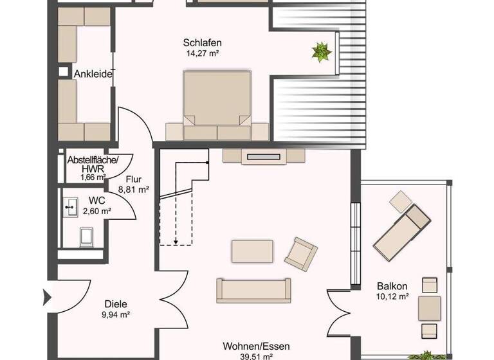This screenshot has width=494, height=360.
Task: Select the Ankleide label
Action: point(93,75)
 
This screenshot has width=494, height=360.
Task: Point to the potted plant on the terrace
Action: point(322,51)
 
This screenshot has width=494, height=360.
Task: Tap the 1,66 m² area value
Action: point(92,177)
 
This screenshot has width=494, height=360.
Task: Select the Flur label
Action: point(134,180)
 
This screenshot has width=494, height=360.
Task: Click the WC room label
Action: point(96,200)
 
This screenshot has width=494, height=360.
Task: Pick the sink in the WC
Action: point(70,207)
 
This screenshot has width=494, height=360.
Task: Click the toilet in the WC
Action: point(86,239)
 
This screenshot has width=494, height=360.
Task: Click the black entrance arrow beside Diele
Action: point(47,298)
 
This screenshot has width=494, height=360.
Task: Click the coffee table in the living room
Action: point(252,251)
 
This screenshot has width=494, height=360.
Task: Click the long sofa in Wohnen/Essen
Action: point(253,291)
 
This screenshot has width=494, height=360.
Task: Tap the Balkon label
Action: point(392,286)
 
